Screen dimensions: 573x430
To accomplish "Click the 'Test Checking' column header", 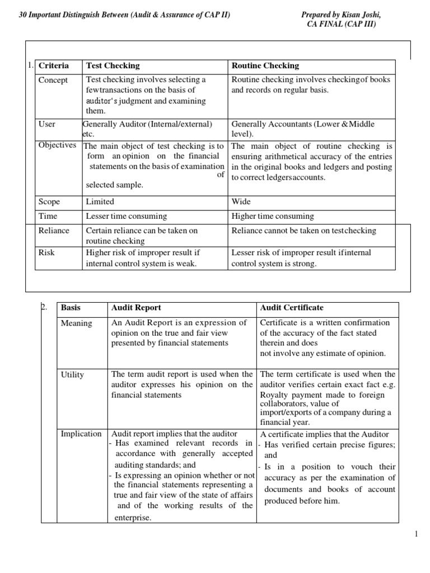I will click(113, 65).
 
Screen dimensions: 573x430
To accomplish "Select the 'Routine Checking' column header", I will click(265, 65).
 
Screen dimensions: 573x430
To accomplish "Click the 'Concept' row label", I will click(53, 80).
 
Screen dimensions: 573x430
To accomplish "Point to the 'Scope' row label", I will click(49, 201).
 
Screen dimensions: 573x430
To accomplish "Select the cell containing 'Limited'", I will click(100, 201).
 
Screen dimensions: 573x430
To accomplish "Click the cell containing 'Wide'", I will click(241, 201).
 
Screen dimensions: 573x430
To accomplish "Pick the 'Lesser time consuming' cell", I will click(126, 216).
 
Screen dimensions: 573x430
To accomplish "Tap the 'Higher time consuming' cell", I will click(273, 216).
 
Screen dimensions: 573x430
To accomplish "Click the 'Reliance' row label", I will click(54, 231).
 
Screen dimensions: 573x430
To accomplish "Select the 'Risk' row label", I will click(46, 253).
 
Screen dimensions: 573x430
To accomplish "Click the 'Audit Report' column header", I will click(136, 308).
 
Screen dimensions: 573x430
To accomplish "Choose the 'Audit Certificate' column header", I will click(292, 308).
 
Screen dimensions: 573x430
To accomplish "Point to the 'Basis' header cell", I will click(71, 308).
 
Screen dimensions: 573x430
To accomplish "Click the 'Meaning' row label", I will click(77, 323).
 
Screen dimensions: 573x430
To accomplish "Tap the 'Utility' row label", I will click(72, 375).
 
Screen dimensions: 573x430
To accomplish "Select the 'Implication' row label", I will click(81, 434).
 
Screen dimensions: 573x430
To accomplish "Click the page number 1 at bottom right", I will click(417, 534).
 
